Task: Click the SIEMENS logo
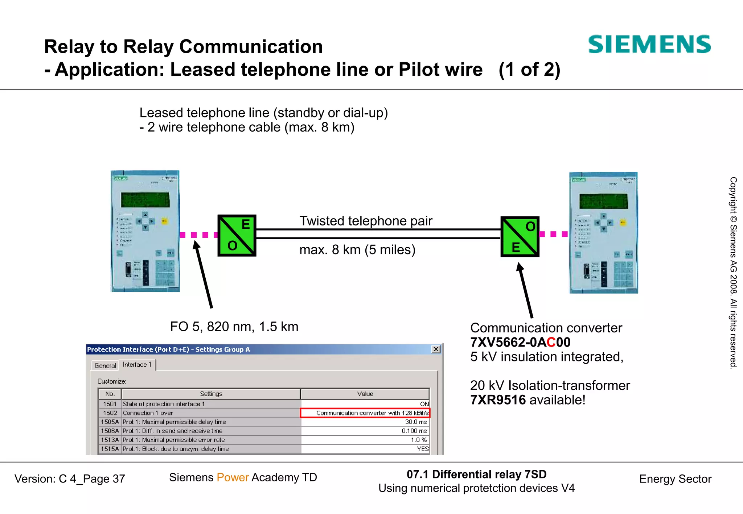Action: coord(649,45)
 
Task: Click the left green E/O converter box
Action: coord(237,236)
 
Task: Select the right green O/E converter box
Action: coord(520,237)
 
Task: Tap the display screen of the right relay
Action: coord(603,201)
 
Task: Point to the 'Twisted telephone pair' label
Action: coord(366,221)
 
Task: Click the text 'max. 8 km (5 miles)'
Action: coord(357,250)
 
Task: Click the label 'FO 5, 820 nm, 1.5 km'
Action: coord(234,327)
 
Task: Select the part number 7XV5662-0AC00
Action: coord(520,342)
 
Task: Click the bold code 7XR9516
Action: coord(498,400)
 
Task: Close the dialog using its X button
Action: coord(436,349)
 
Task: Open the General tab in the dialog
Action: coord(105,365)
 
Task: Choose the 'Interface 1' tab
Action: coord(137,365)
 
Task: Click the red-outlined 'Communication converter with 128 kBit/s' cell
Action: coord(365,413)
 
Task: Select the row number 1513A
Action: coord(110,440)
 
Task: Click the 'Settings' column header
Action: coord(211,394)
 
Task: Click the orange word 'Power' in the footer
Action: coord(233,477)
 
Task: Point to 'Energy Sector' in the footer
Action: coord(675,479)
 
